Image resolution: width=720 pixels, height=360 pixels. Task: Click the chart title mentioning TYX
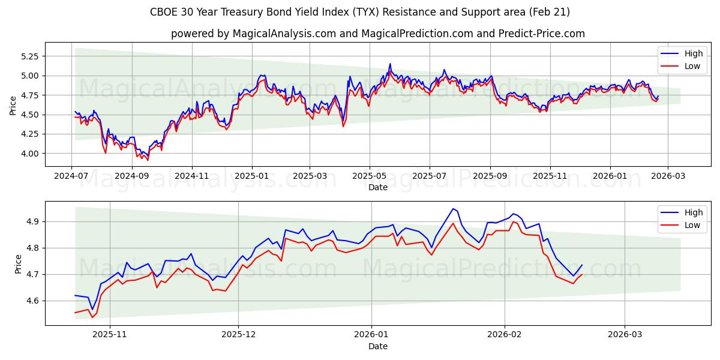pos(360,12)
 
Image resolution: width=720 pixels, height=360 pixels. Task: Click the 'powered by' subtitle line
pos(378,34)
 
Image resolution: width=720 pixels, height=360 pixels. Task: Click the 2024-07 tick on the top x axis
pos(71,176)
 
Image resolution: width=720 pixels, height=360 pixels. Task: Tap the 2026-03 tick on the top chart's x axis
pos(668,176)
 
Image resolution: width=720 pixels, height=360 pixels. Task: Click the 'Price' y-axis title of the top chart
pos(13,106)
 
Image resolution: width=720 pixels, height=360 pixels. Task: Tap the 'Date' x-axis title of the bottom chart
pos(378,346)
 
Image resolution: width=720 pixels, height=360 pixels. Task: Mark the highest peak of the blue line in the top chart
pos(390,64)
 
